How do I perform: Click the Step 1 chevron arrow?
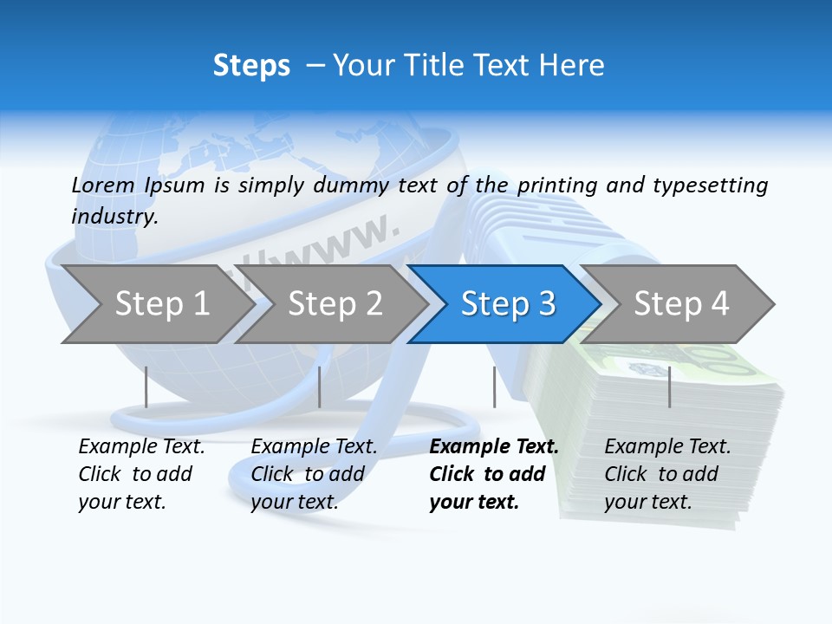click(x=160, y=304)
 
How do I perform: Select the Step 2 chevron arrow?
click(x=334, y=304)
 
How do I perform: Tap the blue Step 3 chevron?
click(x=507, y=304)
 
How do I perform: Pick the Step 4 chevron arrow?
click(x=680, y=304)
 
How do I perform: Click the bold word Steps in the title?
click(x=251, y=65)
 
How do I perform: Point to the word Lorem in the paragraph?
click(x=103, y=185)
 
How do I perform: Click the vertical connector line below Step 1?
click(x=146, y=387)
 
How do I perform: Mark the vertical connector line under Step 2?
click(x=320, y=387)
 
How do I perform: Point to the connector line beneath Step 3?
click(x=494, y=387)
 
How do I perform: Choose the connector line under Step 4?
click(x=669, y=387)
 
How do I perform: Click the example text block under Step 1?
click(x=140, y=474)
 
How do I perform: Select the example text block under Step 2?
click(x=313, y=474)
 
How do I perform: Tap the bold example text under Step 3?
click(x=492, y=474)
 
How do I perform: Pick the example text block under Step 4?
click(x=666, y=474)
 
